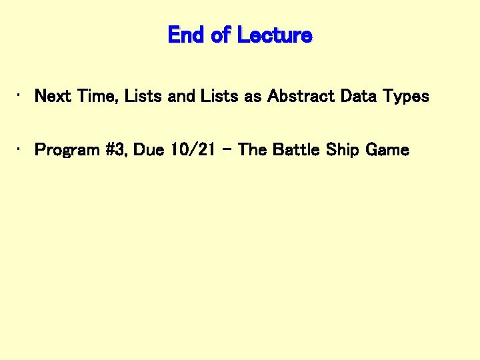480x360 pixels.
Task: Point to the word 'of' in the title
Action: coord(221,35)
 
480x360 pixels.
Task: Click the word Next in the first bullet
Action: coord(53,96)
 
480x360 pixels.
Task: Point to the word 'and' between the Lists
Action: coord(182,96)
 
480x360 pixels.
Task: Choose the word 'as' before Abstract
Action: coord(253,97)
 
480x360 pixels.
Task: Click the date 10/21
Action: coord(192,150)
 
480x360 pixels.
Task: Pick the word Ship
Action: coord(344,150)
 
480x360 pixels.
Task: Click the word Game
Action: coord(387,150)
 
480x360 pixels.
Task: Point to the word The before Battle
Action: coord(252,150)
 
